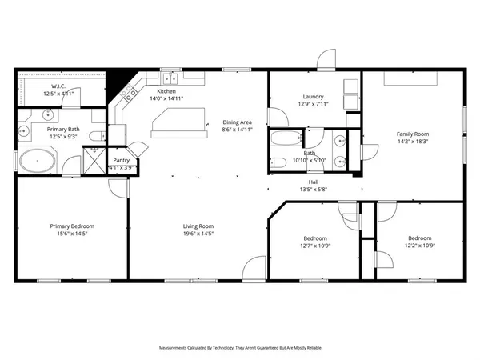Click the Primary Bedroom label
[x=71, y=226]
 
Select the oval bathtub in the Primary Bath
[x=38, y=162]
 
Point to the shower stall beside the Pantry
[x=94, y=161]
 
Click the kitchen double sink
[x=170, y=78]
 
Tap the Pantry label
[x=122, y=160]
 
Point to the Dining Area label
[x=237, y=122]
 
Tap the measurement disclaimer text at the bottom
[x=239, y=348]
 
